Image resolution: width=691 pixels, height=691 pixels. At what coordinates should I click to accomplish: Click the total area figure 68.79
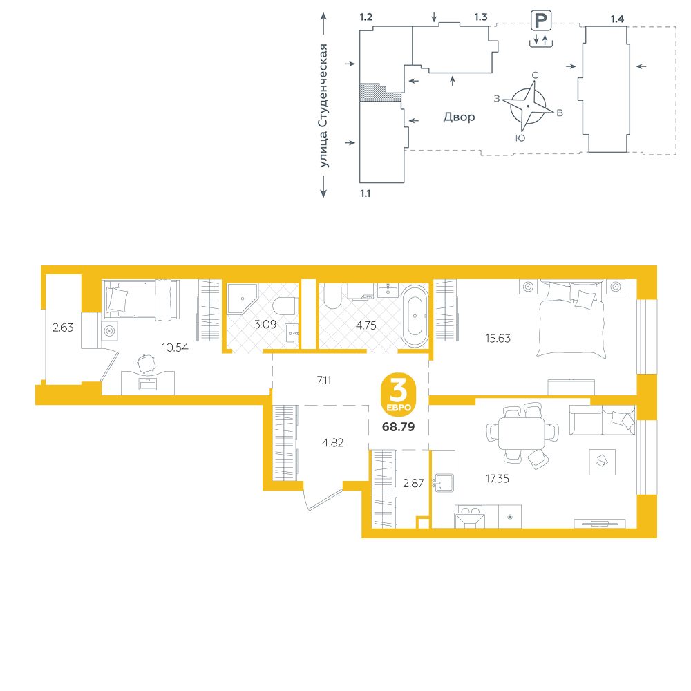(399, 426)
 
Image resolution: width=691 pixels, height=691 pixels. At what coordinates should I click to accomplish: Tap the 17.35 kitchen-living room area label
(497, 479)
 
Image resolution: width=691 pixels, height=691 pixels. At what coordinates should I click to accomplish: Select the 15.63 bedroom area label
(498, 339)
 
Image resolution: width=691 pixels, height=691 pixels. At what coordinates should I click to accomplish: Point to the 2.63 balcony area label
(63, 328)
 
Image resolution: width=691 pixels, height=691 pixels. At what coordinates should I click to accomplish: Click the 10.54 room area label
(175, 348)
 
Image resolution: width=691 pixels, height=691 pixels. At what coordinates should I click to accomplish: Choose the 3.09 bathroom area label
(265, 324)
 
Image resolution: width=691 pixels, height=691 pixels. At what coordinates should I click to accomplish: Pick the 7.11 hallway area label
(324, 380)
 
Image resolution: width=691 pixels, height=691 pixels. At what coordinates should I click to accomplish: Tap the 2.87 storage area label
(413, 484)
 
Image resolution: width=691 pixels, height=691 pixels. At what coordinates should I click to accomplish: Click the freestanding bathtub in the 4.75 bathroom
(415, 316)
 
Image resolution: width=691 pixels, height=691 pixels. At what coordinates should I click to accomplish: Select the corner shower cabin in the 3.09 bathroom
(242, 299)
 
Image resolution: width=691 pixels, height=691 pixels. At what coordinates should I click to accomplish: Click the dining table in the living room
(521, 433)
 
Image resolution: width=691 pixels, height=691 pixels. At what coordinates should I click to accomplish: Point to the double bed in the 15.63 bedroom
(571, 318)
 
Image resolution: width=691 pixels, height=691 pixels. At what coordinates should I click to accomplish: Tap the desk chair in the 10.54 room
(145, 363)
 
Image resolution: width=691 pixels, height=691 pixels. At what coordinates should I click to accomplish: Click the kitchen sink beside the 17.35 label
(444, 483)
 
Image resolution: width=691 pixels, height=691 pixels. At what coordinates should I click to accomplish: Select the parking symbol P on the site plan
(541, 20)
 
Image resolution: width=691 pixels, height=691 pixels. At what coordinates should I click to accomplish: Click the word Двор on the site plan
(460, 117)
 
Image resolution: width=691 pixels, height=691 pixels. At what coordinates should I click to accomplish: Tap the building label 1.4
(617, 19)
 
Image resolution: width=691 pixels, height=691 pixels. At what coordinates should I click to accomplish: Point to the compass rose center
(528, 106)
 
